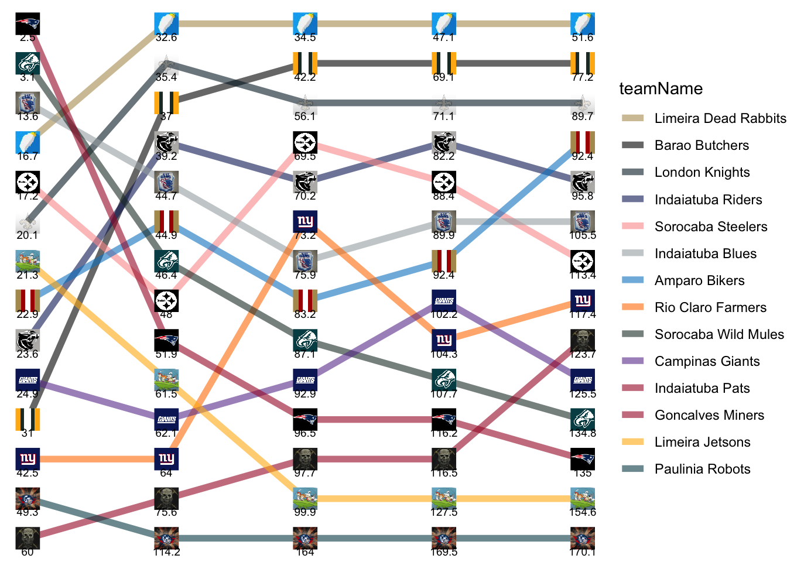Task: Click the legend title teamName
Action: click(x=661, y=88)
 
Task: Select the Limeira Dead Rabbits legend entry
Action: click(x=720, y=118)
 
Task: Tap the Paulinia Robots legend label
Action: click(x=702, y=469)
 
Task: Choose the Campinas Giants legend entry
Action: click(x=707, y=361)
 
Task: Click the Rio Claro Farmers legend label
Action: click(x=710, y=307)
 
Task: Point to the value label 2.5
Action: click(x=28, y=38)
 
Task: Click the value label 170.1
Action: click(x=583, y=551)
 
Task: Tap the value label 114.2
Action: click(x=166, y=551)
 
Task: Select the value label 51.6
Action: click(x=583, y=37)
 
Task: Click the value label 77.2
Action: click(x=583, y=77)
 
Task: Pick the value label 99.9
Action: click(x=305, y=512)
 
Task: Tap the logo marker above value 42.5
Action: click(x=28, y=459)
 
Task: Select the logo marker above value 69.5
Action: click(x=305, y=142)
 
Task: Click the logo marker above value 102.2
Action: click(x=444, y=301)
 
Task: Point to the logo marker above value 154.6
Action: click(x=583, y=498)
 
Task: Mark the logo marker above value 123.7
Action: click(x=583, y=340)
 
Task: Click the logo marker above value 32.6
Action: click(x=166, y=24)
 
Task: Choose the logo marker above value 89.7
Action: click(x=583, y=103)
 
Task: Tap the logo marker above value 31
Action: click(x=28, y=419)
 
